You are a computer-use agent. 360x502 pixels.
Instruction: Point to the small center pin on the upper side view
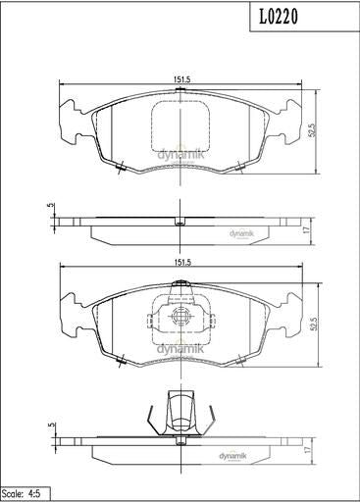179,221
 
